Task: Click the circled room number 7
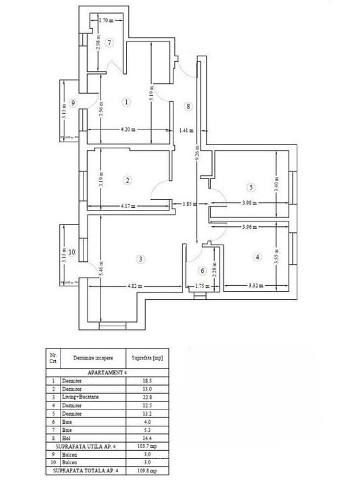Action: [x=109, y=43]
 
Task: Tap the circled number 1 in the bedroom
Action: [x=127, y=102]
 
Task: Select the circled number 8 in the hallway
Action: [x=188, y=107]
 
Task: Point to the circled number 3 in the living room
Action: [x=140, y=259]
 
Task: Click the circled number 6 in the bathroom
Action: [x=203, y=271]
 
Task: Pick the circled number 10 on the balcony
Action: [x=72, y=252]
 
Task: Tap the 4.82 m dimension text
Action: [x=134, y=286]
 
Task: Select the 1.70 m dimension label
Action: [x=106, y=21]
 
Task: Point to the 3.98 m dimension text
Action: [x=248, y=203]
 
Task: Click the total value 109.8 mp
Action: [x=147, y=471]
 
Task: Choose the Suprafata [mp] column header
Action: [x=147, y=358]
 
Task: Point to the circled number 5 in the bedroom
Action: [x=251, y=188]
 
